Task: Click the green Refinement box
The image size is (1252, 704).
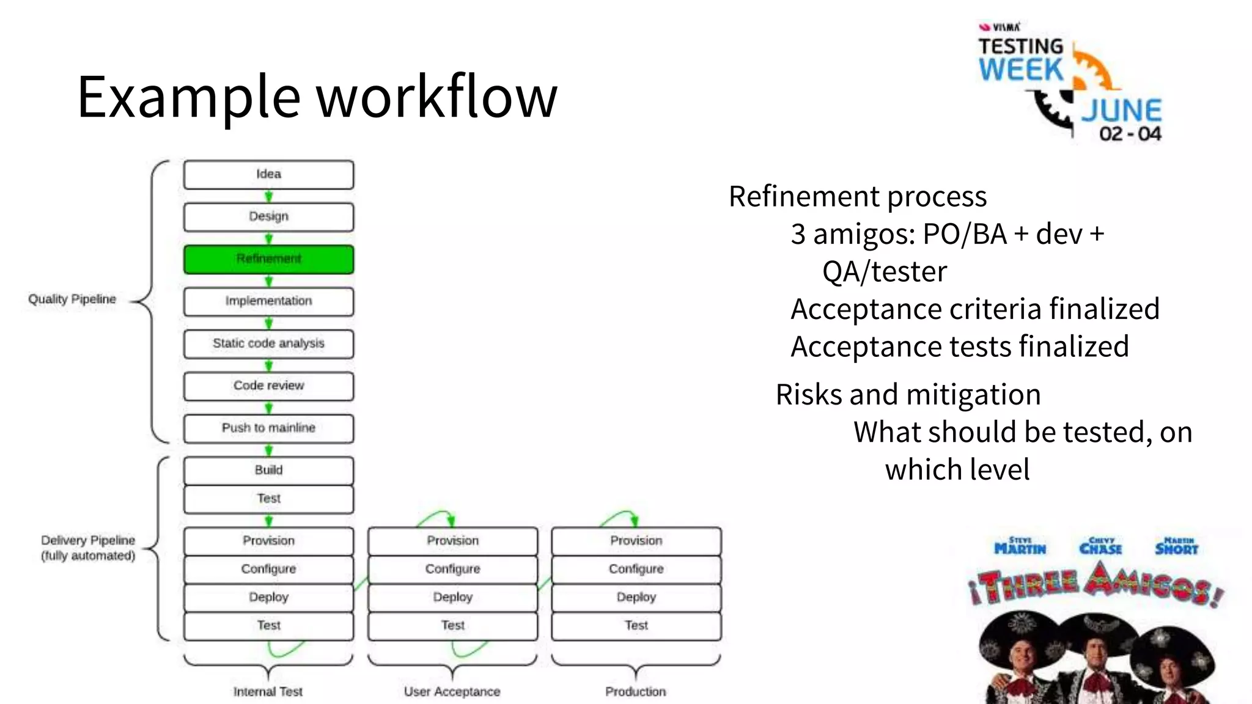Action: coord(268,259)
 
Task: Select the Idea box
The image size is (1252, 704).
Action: coord(268,175)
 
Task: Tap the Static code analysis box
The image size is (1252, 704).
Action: coord(268,343)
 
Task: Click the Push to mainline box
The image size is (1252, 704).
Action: coord(268,428)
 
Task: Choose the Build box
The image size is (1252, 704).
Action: coord(268,470)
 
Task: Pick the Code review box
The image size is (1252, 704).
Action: coord(268,386)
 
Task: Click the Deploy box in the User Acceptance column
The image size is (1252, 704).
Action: coord(452,597)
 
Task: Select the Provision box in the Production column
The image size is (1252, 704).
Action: coord(636,541)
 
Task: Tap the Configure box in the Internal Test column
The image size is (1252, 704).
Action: coord(268,569)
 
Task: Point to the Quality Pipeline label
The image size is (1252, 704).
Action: coord(72,299)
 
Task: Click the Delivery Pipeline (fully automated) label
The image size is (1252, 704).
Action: coord(88,548)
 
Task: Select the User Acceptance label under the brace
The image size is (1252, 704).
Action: coord(452,692)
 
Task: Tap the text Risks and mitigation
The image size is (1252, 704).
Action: coord(908,395)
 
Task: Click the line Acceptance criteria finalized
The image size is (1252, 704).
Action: coord(974,309)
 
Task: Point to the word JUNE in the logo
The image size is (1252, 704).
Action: coord(1121,111)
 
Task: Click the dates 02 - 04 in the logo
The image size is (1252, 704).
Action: coord(1130,134)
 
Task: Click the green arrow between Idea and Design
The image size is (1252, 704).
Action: coord(268,196)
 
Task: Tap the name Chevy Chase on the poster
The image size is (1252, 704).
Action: coord(1100,546)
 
